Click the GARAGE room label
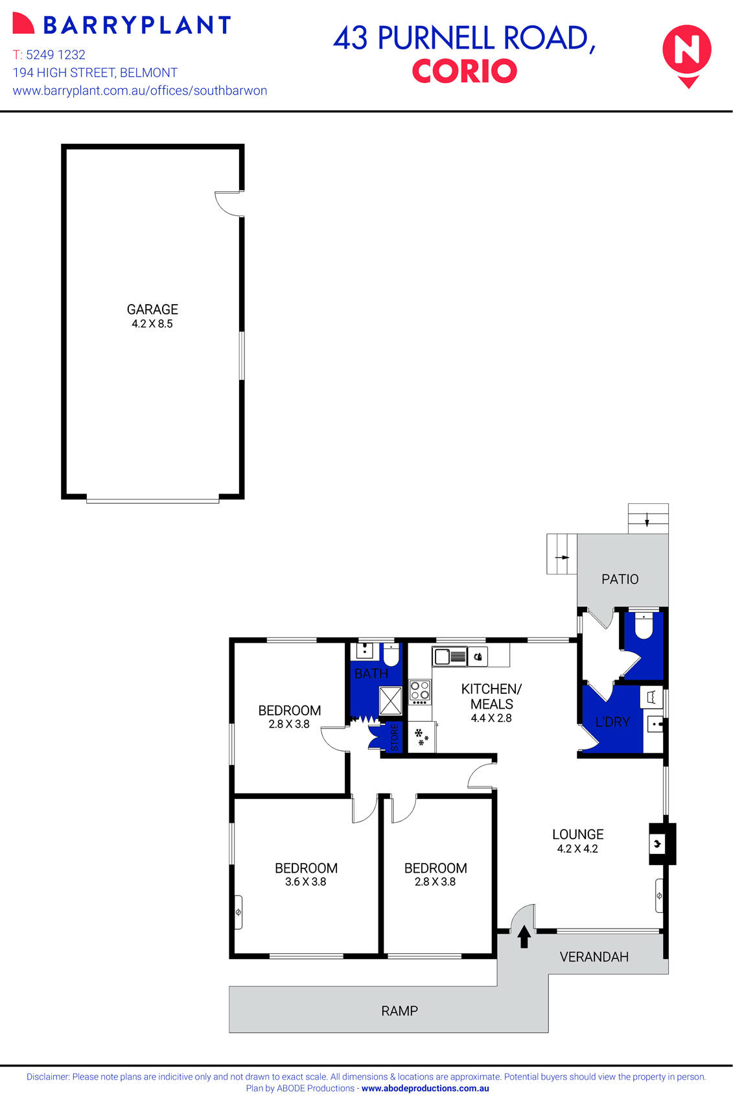pos(152,309)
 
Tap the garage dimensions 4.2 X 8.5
pos(152,324)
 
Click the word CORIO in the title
pos(464,71)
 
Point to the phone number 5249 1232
pos(56,54)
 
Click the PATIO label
pos(620,579)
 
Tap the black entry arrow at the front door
pos(524,936)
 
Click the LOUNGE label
pos(577,835)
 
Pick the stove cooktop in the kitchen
pos(420,692)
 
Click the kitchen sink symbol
pos(450,657)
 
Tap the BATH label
pos(371,674)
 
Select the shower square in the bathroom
pos(390,701)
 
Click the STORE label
pos(395,738)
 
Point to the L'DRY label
pos(612,722)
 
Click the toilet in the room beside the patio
pos(644,626)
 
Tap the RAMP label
pos(399,1010)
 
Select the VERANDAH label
pos(594,956)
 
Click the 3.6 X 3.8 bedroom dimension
pos(305,882)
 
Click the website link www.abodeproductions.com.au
pos(425,1089)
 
